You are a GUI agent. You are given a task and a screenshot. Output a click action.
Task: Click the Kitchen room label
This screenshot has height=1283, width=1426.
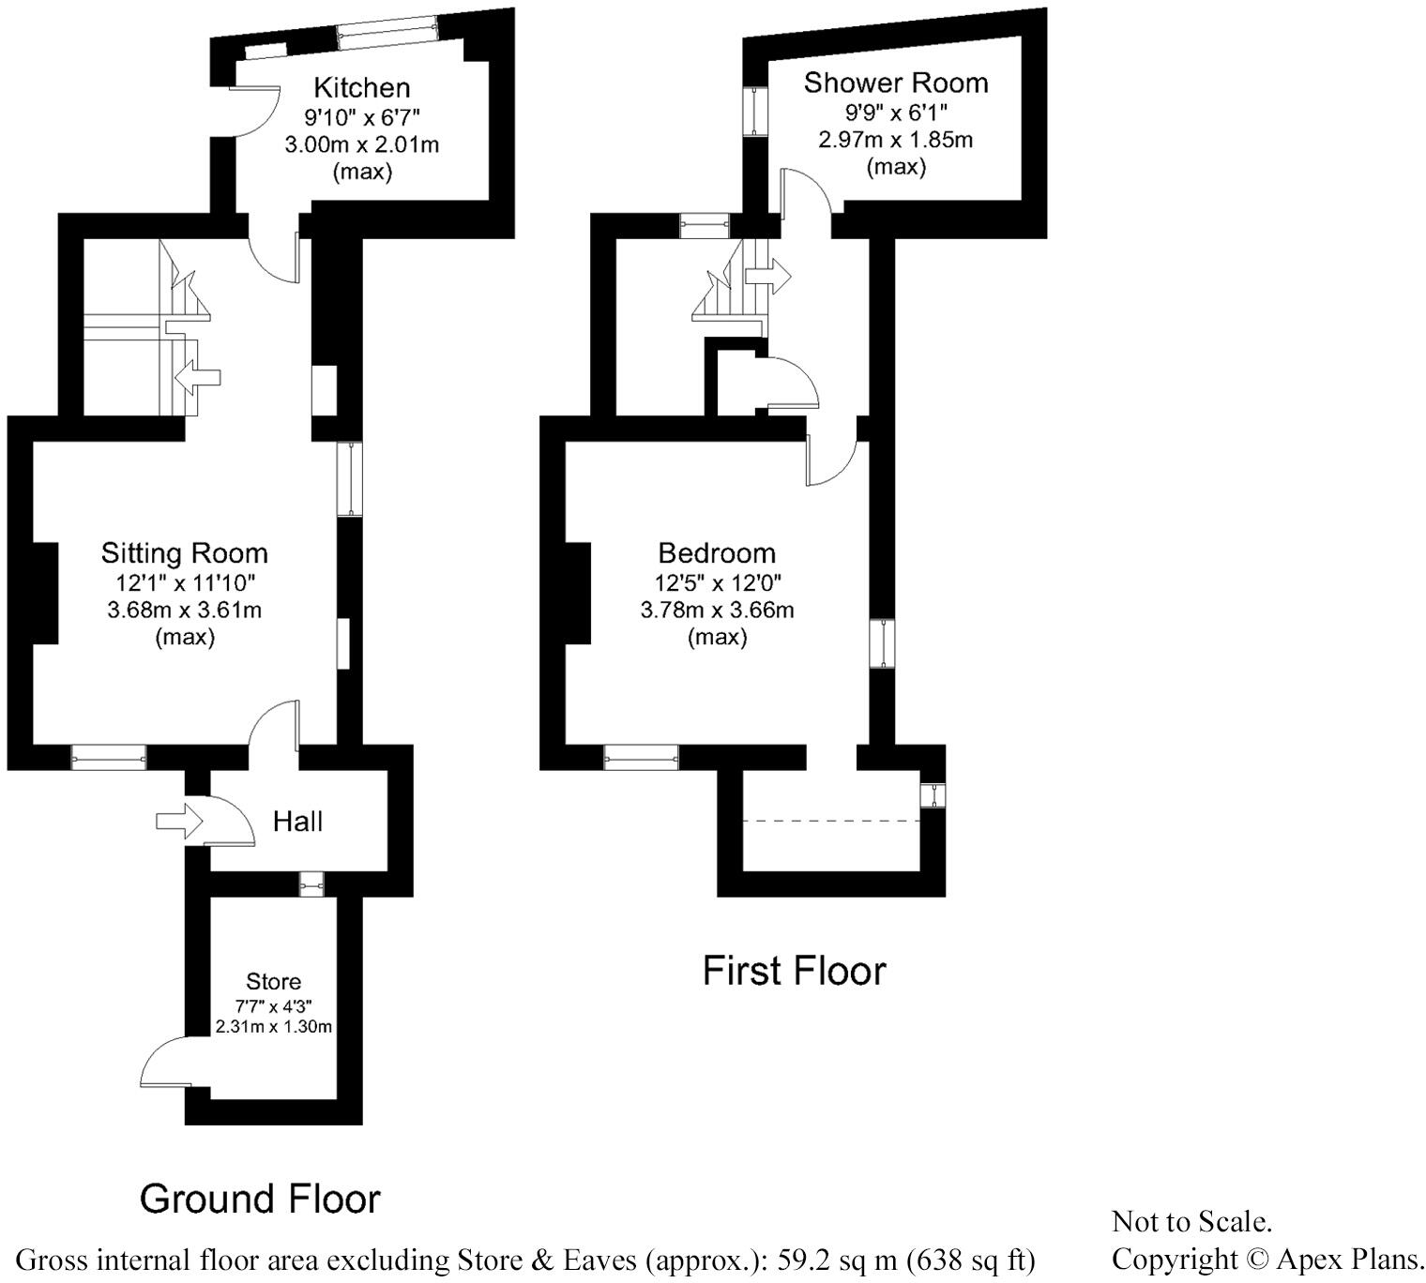pos(361,88)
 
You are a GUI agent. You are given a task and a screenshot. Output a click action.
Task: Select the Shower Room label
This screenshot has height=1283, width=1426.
pos(895,83)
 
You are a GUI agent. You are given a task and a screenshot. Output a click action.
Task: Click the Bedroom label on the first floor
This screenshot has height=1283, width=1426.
pos(717,552)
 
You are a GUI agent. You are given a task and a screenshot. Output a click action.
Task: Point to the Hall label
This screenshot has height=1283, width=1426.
pos(297,822)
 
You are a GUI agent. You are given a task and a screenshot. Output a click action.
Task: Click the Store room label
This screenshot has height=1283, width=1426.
pos(273,981)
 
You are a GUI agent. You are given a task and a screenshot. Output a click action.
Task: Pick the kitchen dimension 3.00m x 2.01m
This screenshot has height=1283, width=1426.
pos(361,144)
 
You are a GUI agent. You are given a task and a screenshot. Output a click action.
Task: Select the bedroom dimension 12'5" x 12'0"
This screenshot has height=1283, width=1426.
pos(717,582)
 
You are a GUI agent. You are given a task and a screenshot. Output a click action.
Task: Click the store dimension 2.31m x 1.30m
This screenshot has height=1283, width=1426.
pos(273,1026)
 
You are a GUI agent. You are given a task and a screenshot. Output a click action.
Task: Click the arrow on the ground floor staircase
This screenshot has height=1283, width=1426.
pos(198,377)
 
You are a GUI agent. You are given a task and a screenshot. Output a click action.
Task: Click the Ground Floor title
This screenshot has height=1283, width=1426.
pos(260,1199)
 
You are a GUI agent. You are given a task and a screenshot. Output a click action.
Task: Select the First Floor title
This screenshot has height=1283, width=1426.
pos(794,971)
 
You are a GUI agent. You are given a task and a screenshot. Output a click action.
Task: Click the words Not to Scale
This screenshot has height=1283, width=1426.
pos(1191,1221)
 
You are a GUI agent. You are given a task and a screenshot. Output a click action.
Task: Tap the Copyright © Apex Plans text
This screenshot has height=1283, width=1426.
pos(1267,1258)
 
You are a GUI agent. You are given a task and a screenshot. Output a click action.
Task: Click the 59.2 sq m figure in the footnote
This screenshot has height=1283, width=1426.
pos(834,1259)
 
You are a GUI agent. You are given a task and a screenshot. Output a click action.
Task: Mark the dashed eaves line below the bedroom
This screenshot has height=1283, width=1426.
pos(830,821)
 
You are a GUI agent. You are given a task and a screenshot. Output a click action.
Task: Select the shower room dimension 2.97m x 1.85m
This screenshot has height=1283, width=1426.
pos(895,140)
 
